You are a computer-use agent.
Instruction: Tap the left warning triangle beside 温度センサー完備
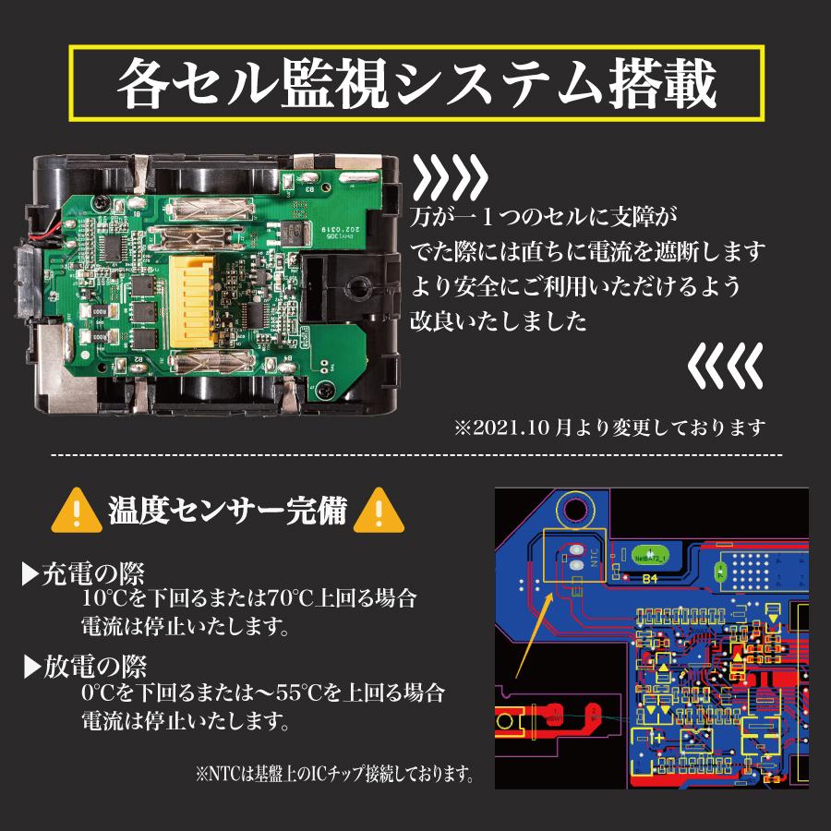pyautogui.click(x=77, y=511)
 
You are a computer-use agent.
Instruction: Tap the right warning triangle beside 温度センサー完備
pyautogui.click(x=376, y=511)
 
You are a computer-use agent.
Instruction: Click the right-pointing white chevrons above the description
pyautogui.click(x=449, y=175)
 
